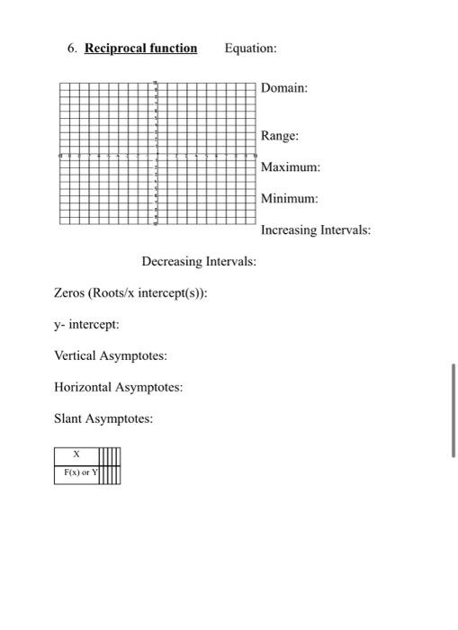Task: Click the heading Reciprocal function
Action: [140, 48]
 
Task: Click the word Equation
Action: [251, 48]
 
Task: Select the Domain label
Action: [284, 88]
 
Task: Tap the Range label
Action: [280, 136]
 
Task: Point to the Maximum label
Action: [291, 167]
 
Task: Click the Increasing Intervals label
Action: [315, 229]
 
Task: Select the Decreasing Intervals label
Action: [198, 261]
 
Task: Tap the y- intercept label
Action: [86, 324]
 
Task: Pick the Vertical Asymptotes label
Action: [110, 355]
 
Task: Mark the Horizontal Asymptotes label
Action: [118, 387]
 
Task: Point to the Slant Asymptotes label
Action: [103, 418]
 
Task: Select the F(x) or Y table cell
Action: [76, 472]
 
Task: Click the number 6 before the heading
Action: [72, 48]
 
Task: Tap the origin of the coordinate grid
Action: [156, 154]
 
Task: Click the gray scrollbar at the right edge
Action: [454, 410]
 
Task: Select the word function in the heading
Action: [171, 48]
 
